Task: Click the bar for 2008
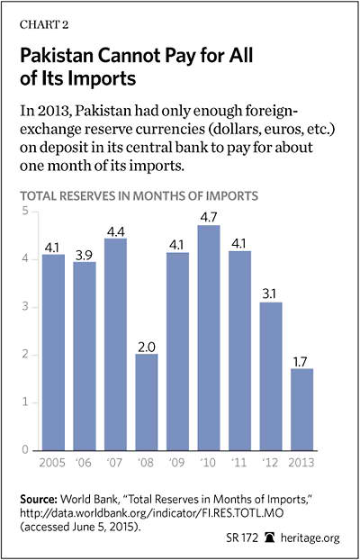point(147,402)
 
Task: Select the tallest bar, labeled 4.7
point(209,338)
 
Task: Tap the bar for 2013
point(301,410)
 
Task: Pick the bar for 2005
point(54,352)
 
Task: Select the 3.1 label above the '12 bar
point(271,295)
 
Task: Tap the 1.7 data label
point(301,361)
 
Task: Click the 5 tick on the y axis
point(24,212)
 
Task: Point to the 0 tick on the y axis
point(24,450)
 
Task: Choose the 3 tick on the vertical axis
point(24,307)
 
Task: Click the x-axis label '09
point(177,463)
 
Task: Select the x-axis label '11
point(239,463)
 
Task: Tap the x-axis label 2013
point(301,463)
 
